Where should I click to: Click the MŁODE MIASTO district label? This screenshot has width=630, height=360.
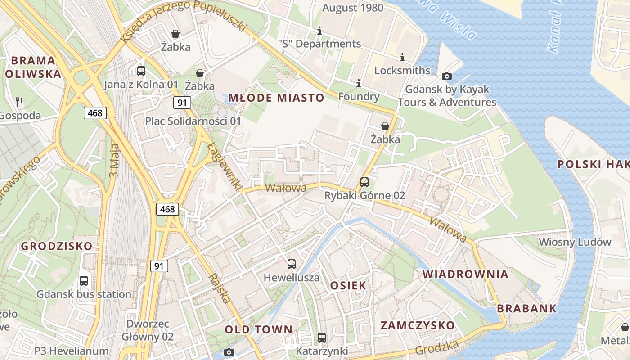click(276, 98)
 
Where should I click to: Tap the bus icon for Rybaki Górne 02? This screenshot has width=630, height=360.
click(364, 182)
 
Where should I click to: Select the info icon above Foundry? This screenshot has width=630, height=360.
click(359, 83)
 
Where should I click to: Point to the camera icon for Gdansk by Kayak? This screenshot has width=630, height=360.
click(447, 76)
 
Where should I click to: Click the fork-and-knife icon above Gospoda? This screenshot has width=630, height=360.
click(19, 102)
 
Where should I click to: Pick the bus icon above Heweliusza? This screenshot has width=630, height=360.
click(292, 264)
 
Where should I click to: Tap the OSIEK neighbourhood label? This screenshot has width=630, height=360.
click(348, 285)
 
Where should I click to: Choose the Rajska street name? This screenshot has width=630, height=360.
click(220, 288)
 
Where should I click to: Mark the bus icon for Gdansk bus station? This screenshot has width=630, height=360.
click(84, 281)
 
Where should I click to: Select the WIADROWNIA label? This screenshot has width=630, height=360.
click(465, 274)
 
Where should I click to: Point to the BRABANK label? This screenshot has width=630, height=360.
click(527, 309)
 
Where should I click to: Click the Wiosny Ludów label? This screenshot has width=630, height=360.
click(575, 242)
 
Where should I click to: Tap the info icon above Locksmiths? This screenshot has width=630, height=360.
click(402, 57)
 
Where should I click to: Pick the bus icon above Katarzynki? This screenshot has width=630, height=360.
click(322, 337)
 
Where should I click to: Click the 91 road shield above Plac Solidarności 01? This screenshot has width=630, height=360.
click(182, 103)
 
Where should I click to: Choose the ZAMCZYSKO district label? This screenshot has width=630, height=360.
click(418, 325)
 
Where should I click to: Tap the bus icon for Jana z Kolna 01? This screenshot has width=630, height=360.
click(141, 71)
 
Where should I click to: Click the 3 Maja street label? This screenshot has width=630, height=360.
click(114, 160)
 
